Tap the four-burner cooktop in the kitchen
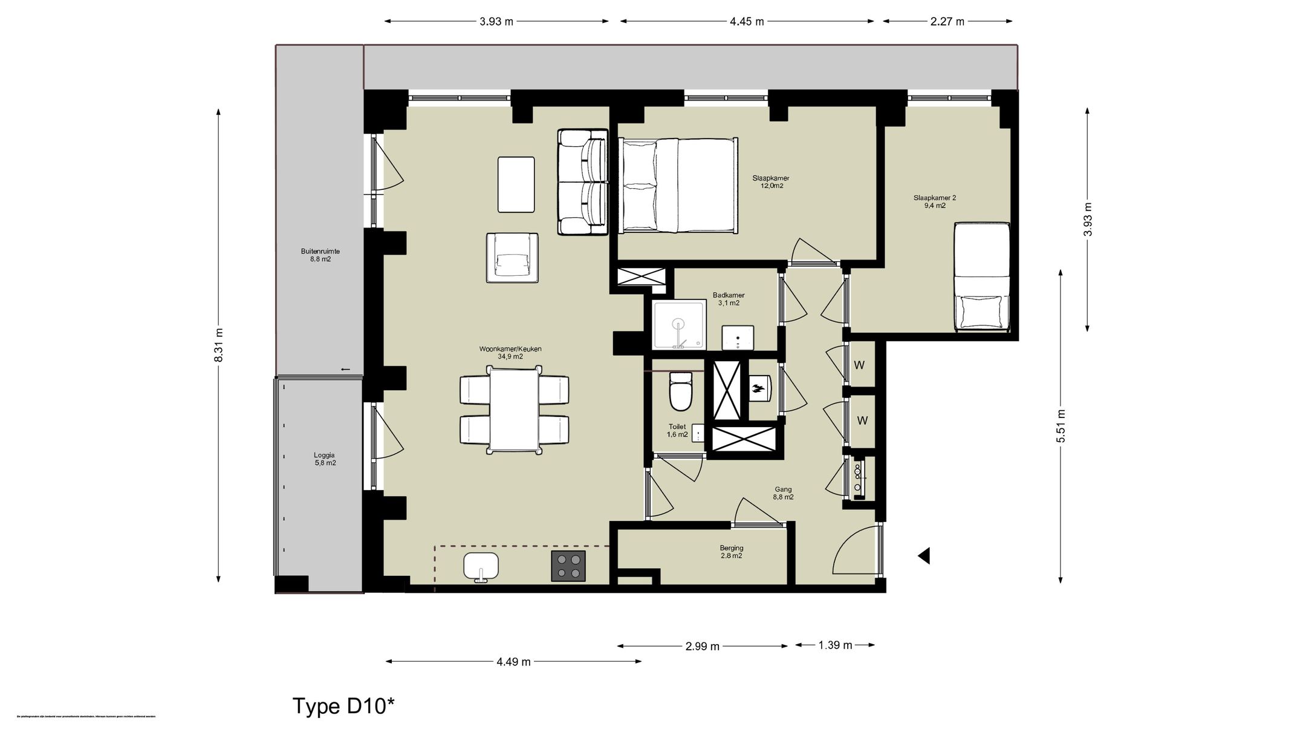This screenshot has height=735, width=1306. point(568,566)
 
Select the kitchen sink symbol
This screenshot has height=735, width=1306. point(481,567)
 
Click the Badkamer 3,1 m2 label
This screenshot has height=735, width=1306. point(728,299)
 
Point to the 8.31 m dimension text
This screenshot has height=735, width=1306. point(219,345)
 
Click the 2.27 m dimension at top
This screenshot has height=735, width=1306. point(947,22)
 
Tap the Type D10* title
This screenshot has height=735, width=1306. point(343,706)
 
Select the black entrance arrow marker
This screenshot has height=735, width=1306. point(923,555)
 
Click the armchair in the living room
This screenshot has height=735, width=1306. point(512,258)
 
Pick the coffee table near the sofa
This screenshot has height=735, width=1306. point(516,185)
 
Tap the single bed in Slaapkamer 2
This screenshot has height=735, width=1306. point(981,277)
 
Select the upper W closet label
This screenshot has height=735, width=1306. point(859,365)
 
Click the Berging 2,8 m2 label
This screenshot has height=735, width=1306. point(731,552)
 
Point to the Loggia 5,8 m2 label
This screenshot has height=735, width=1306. point(324,459)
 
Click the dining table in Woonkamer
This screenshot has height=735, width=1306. point(514,410)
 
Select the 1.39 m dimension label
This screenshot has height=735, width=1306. point(835,645)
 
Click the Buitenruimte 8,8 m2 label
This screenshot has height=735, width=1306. point(320,255)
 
